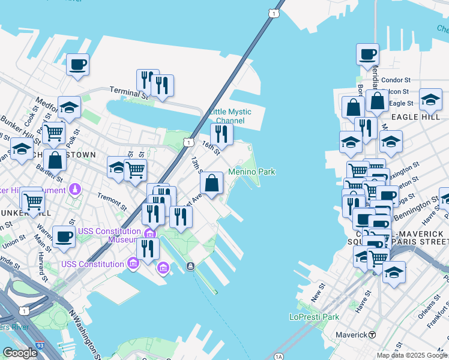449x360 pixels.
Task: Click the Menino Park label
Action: coord(252,172)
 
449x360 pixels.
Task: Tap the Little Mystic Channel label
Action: coord(230,116)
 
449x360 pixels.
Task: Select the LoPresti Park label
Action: coord(314,317)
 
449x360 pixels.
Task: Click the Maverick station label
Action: coord(355,334)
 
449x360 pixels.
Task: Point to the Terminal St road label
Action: coord(128,91)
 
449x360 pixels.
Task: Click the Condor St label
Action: coord(396,80)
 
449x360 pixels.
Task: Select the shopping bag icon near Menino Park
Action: coord(211,182)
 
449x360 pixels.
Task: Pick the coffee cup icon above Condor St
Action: coord(367,54)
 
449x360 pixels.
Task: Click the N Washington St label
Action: coord(83,332)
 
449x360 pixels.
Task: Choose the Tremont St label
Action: coord(113,202)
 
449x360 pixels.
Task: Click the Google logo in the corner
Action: coord(20,353)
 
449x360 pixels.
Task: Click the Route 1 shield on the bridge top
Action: coord(274,13)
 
